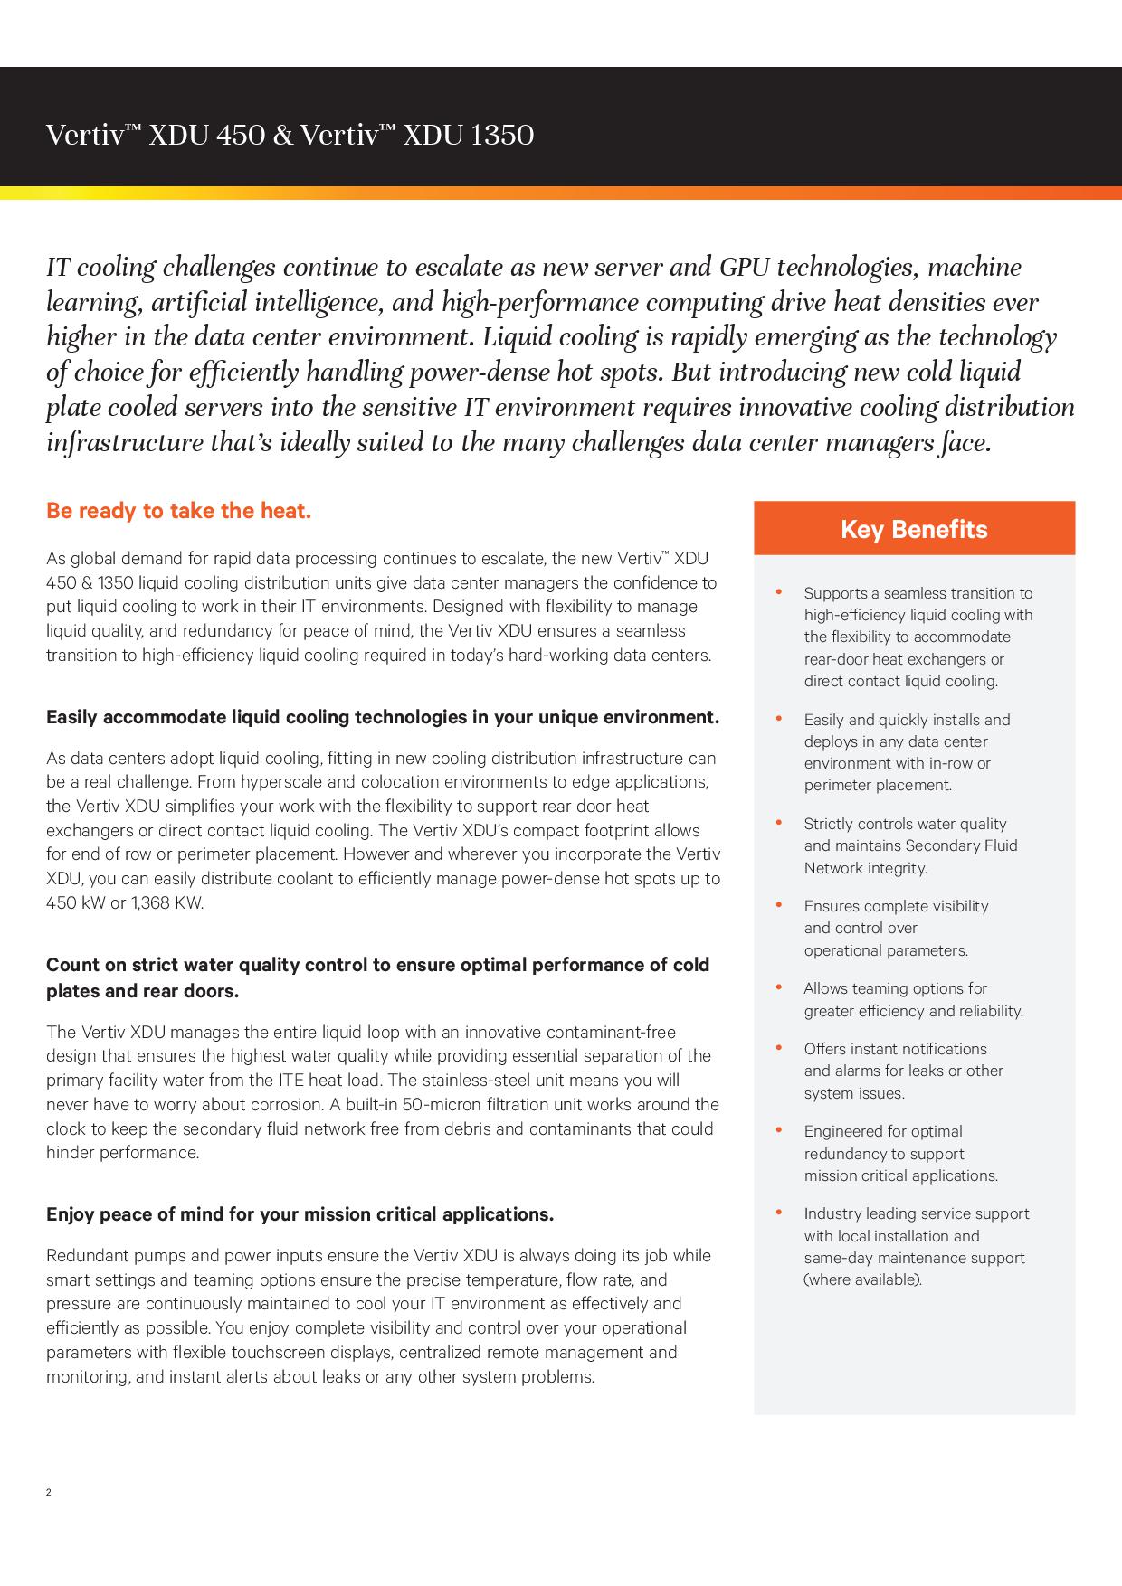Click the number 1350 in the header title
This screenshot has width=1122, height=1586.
(502, 136)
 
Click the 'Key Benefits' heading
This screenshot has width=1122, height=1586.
(914, 529)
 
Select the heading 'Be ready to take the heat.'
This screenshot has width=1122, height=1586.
(178, 511)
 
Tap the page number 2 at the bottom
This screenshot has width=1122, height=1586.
(49, 1492)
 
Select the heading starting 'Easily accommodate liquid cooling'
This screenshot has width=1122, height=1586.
(383, 717)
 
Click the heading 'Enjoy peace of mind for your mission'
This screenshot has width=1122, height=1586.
(300, 1214)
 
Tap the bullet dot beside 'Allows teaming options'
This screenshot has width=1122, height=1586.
(779, 987)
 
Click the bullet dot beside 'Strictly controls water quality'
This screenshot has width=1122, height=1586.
(779, 823)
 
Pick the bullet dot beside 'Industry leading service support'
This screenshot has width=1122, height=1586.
(779, 1213)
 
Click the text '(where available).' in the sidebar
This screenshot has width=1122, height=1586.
(862, 1279)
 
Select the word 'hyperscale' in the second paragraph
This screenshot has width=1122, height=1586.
(271, 781)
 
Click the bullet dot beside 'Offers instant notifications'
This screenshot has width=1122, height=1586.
(779, 1048)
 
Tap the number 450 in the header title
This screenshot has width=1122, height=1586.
(241, 136)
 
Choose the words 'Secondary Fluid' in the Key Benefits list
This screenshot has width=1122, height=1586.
(961, 845)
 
